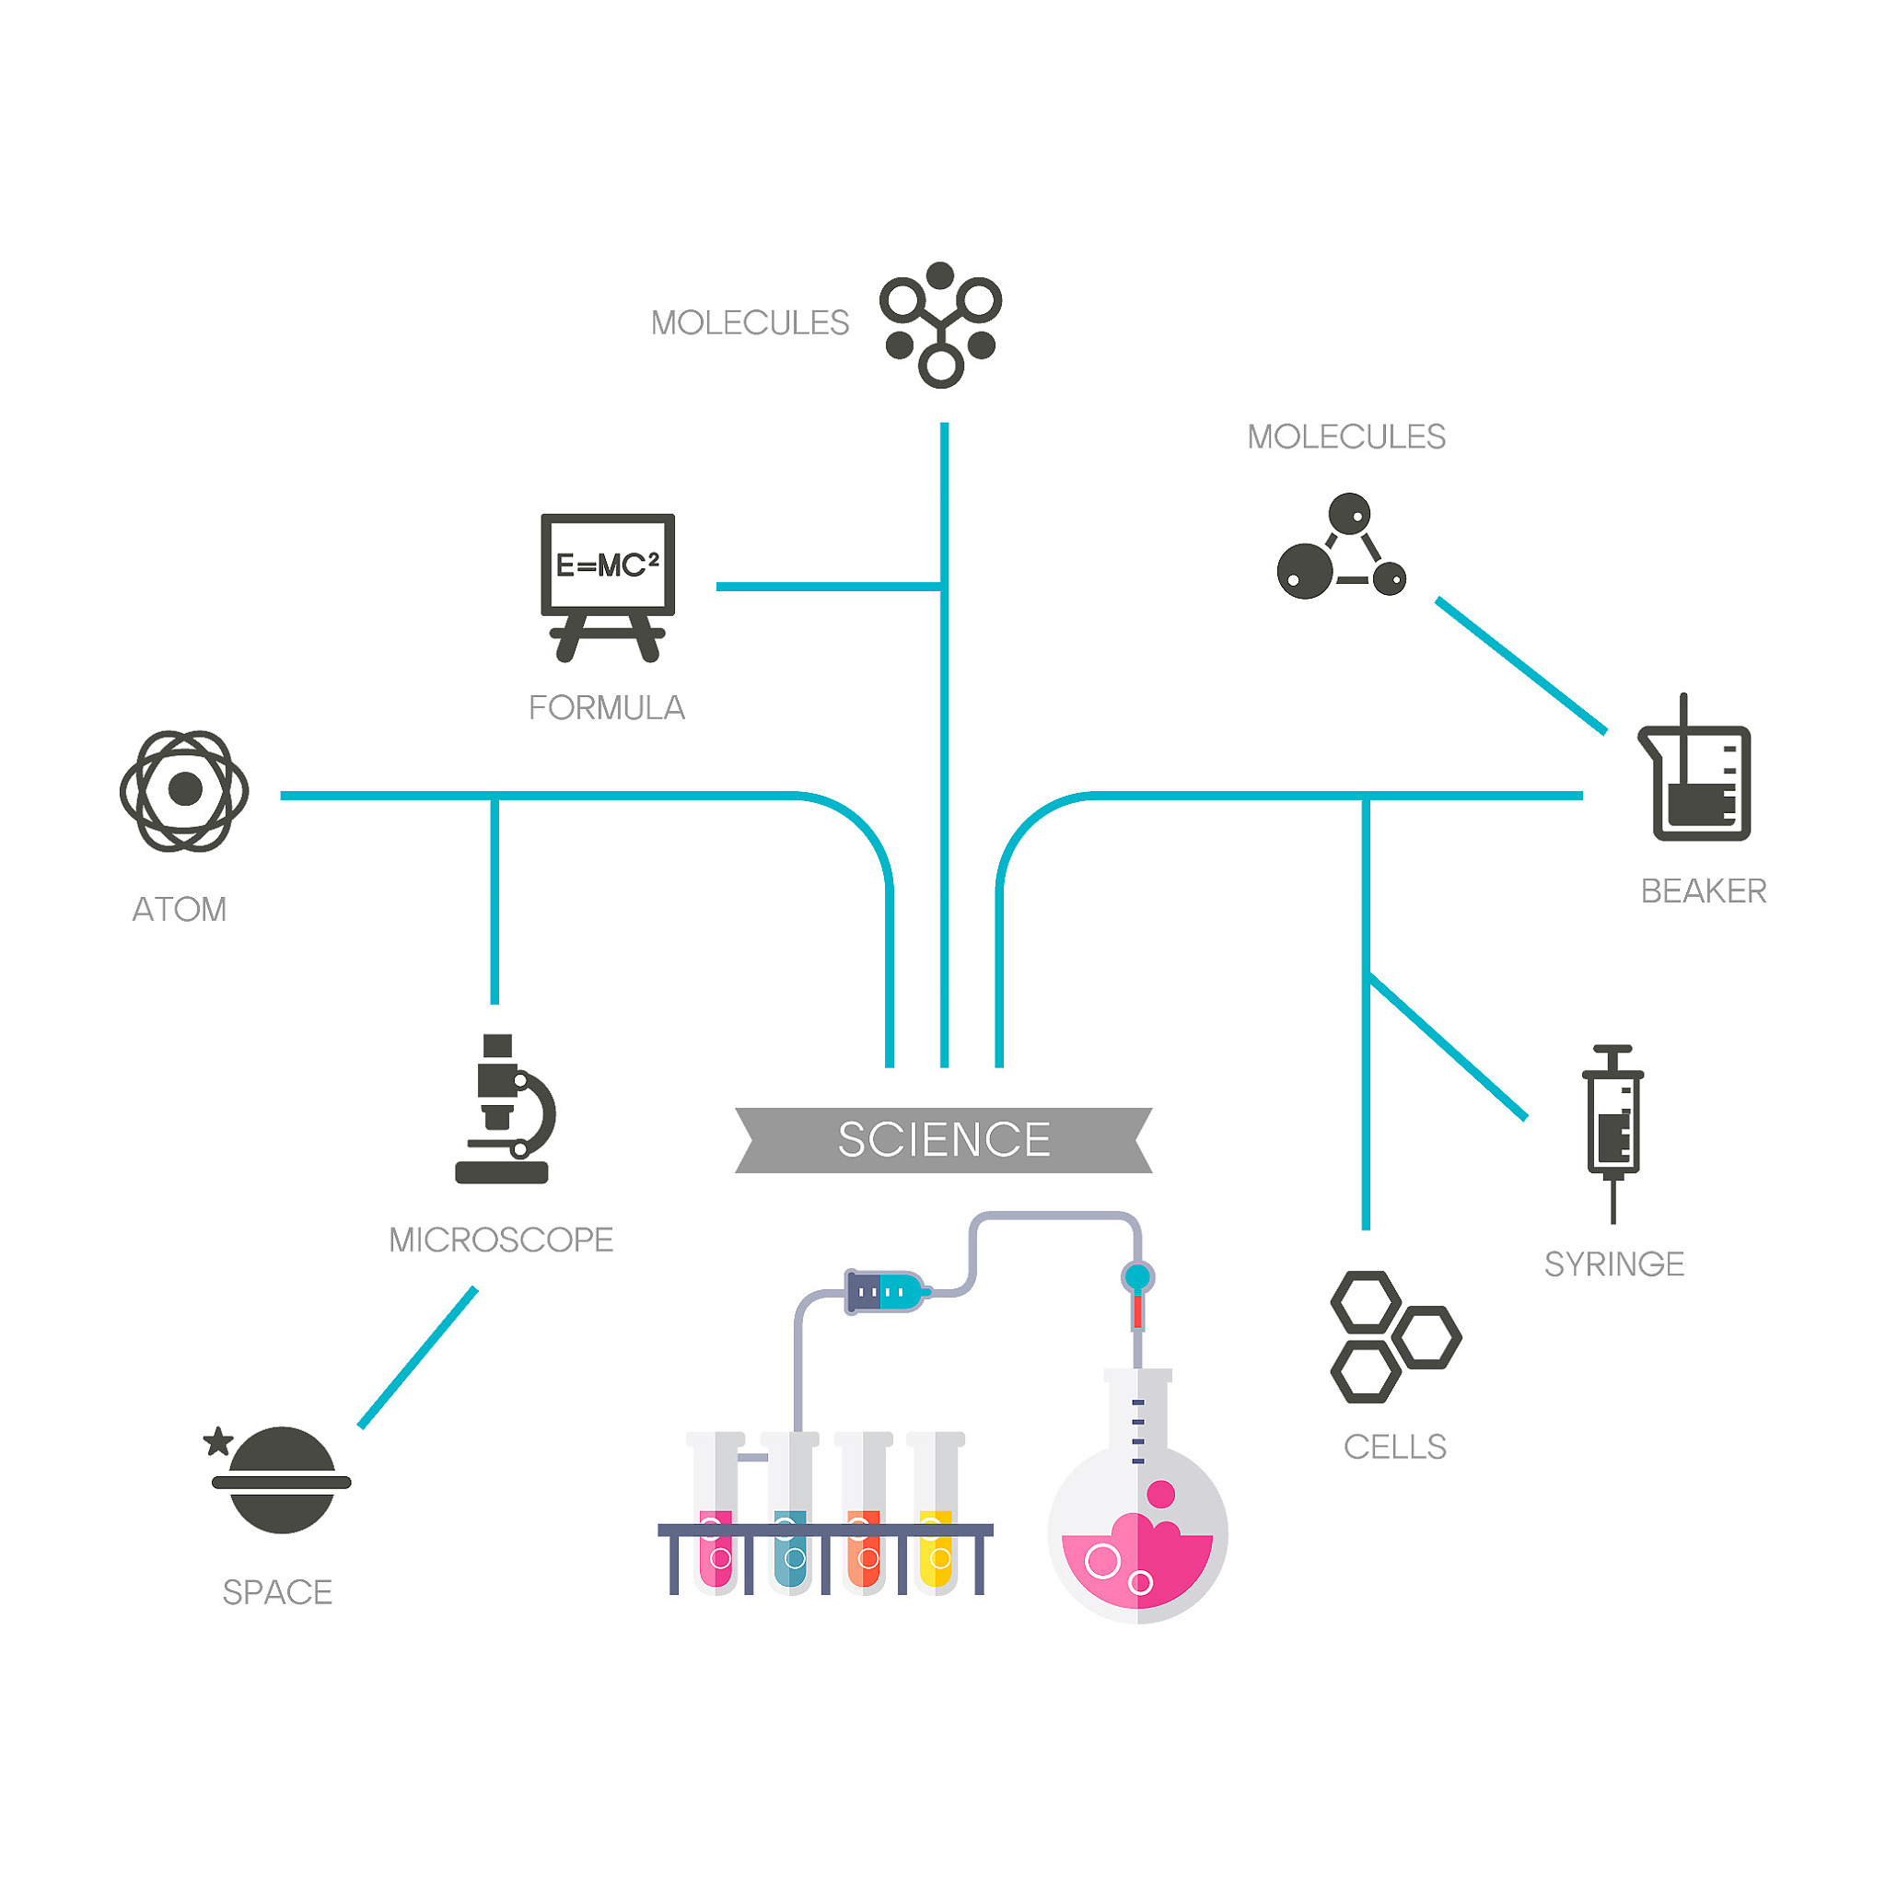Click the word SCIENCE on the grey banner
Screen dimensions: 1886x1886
point(944,1139)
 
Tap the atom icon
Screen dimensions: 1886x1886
point(183,790)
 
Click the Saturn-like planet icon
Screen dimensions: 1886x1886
point(282,1480)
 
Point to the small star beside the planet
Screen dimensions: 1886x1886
point(217,1441)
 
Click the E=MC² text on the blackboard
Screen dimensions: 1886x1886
point(607,565)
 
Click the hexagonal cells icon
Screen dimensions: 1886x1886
point(1393,1336)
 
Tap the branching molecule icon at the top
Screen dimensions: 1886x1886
point(940,324)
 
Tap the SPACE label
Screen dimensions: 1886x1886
point(277,1592)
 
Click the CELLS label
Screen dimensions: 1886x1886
point(1394,1447)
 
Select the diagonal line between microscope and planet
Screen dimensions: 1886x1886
point(418,1356)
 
